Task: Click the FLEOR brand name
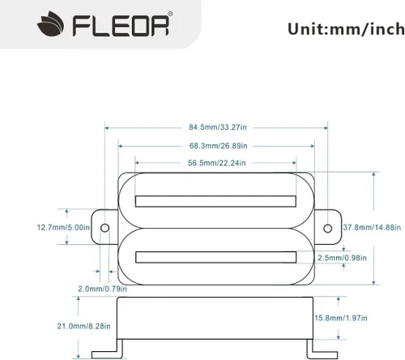tap(121, 26)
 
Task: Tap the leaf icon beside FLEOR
tap(51, 24)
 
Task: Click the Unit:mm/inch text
tap(346, 29)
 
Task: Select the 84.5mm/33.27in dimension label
tap(218, 127)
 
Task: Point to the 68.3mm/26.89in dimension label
tap(218, 146)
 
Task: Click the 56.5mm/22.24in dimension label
tap(217, 163)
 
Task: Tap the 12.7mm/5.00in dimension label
tap(63, 227)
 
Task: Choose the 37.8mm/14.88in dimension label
tap(372, 227)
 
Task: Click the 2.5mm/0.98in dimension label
tap(342, 258)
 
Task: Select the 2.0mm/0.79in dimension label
tap(102, 289)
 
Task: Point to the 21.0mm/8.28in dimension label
tap(83, 326)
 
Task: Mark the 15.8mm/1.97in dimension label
tap(341, 318)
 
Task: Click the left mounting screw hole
tap(104, 228)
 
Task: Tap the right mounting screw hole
tap(327, 229)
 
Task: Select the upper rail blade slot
tap(215, 201)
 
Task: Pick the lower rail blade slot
tap(215, 257)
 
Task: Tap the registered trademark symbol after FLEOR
tap(170, 14)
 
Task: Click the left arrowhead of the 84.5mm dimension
tap(106, 127)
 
